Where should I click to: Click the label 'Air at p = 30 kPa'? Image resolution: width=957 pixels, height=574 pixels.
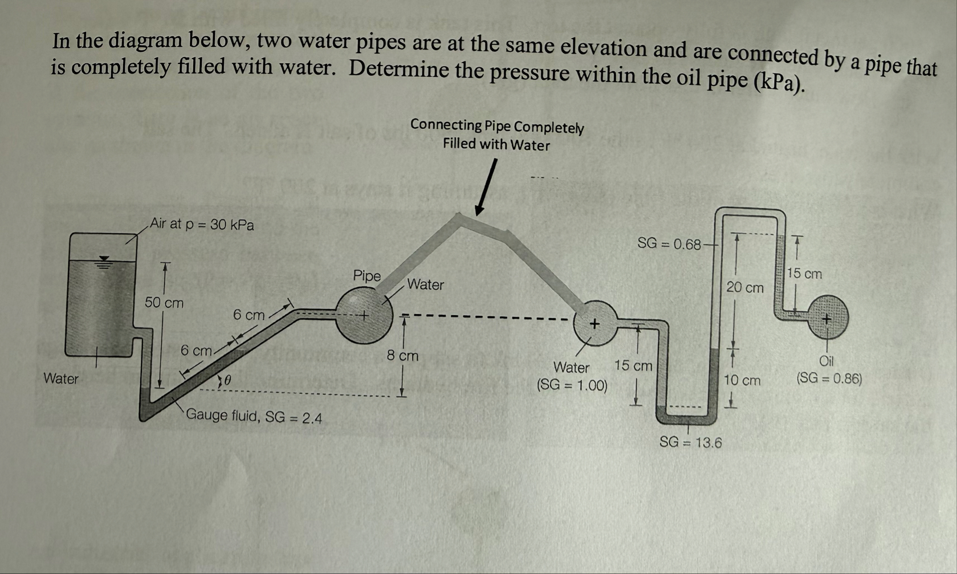(202, 224)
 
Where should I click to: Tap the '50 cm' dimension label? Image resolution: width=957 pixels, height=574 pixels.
(164, 303)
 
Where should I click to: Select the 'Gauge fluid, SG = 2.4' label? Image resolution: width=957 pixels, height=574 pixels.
(254, 417)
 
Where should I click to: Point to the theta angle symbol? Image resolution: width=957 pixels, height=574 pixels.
(227, 380)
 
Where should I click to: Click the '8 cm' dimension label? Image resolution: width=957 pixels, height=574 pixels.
(402, 356)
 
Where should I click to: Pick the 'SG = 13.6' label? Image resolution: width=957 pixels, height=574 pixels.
(690, 442)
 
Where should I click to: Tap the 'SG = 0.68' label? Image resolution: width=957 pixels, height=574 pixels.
(669, 244)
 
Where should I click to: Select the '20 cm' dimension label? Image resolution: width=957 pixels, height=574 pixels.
(744, 288)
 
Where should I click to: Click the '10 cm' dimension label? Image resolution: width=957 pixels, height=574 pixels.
(742, 380)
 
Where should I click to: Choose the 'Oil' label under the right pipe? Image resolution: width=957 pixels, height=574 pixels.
(826, 361)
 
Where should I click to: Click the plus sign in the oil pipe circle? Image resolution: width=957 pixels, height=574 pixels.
(826, 319)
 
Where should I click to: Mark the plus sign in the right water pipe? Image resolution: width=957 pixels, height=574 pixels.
(594, 324)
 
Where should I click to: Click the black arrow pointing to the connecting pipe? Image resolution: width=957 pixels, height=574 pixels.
(486, 188)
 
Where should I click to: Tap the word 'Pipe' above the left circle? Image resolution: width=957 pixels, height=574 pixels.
(366, 276)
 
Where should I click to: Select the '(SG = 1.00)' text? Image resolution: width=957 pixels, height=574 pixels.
(572, 385)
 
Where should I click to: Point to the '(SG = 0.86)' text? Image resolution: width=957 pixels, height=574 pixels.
(829, 378)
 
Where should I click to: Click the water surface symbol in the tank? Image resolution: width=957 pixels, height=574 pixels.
(103, 262)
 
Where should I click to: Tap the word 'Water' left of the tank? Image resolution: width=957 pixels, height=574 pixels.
(61, 378)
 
